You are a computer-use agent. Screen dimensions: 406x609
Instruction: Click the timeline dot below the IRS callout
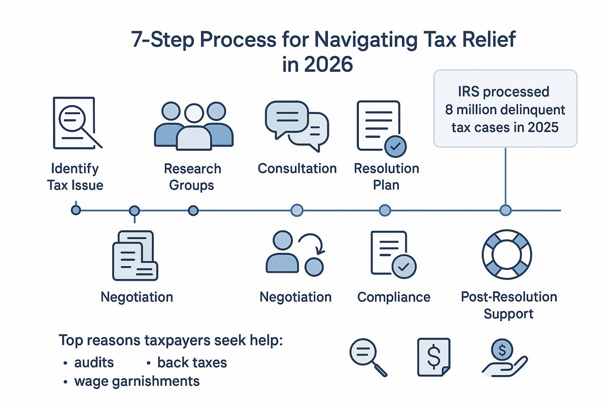click(505, 210)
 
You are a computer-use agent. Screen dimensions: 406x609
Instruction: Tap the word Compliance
click(394, 297)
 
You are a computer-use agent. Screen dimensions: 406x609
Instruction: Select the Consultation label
click(297, 168)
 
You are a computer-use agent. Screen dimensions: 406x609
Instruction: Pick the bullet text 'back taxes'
click(192, 362)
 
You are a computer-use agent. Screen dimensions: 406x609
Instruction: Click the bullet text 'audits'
click(93, 362)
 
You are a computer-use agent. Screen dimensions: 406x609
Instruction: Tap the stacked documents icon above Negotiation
click(134, 255)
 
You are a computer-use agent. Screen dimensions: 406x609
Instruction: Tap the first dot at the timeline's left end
click(76, 210)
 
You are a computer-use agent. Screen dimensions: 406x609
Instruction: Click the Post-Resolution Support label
click(509, 305)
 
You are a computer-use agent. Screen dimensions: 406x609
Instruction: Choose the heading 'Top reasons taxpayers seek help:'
click(171, 340)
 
